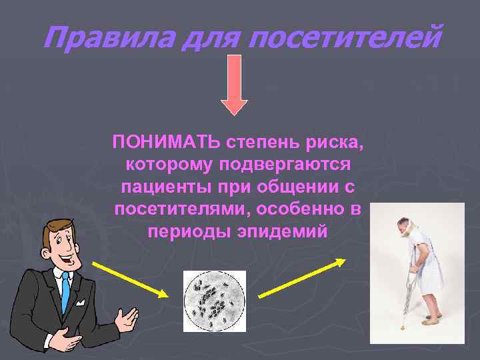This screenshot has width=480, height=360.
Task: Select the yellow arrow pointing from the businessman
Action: [129, 280]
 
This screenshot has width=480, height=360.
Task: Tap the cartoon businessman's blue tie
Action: [65, 293]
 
